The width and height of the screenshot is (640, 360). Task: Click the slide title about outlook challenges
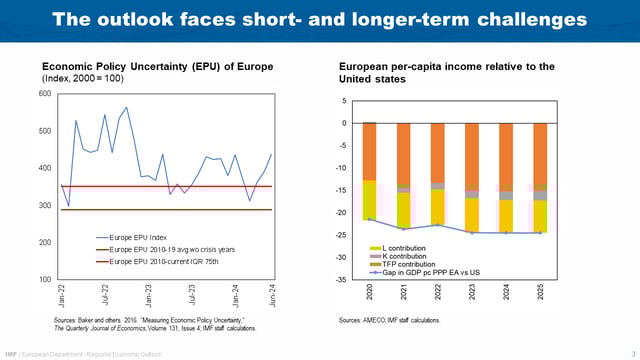pos(319,20)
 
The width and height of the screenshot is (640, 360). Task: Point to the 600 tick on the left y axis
pos(44,94)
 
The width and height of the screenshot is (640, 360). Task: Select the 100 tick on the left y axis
pos(44,279)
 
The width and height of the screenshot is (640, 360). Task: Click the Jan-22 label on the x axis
pos(62,296)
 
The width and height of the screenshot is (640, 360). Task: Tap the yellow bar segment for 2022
pos(437,206)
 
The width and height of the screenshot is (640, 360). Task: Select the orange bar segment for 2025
pos(540,154)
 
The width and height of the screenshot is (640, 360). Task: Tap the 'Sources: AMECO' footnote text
pos(389,319)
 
